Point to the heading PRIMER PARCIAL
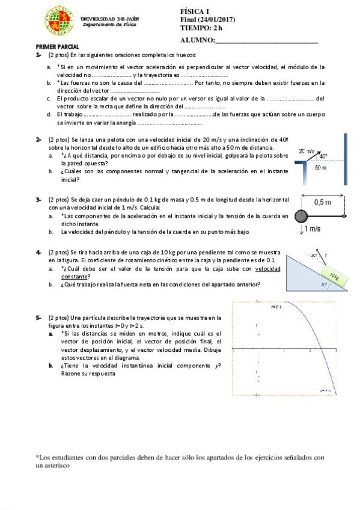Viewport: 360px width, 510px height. pos(57,46)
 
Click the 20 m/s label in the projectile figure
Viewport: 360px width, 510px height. pos(307,152)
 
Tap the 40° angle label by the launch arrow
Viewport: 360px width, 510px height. pos(323,156)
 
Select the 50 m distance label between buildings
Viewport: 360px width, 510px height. pos(321,168)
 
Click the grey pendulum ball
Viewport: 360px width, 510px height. pos(302,217)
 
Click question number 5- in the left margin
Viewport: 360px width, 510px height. pos(38,317)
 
